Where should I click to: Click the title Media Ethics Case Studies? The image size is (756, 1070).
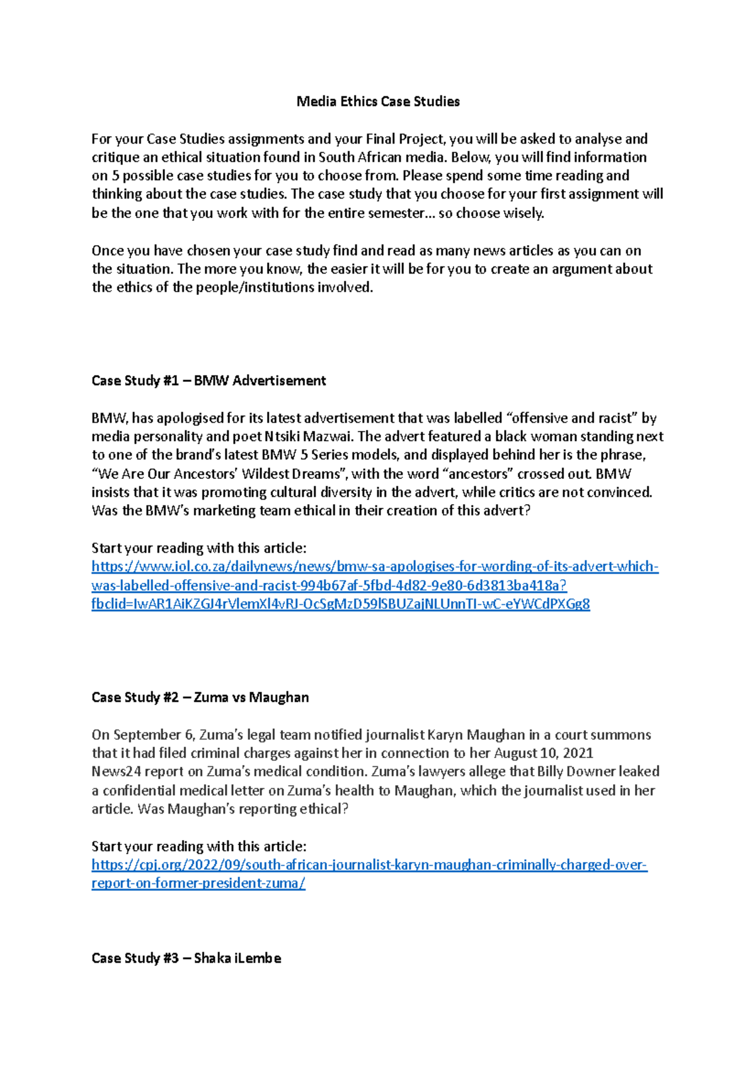coord(378,101)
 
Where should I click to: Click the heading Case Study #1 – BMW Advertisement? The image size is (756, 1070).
coord(209,381)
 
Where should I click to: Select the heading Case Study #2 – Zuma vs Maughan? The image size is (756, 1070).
coord(200,697)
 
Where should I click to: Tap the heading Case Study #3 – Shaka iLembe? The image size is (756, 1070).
coord(186,958)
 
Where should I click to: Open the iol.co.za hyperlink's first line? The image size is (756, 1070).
coord(375,567)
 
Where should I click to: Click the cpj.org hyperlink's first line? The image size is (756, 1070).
coord(369,865)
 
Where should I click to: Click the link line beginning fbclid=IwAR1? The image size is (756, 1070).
coord(340,604)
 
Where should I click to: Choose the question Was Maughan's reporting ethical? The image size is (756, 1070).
coord(243,808)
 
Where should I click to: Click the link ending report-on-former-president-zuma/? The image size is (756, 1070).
coord(198,883)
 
